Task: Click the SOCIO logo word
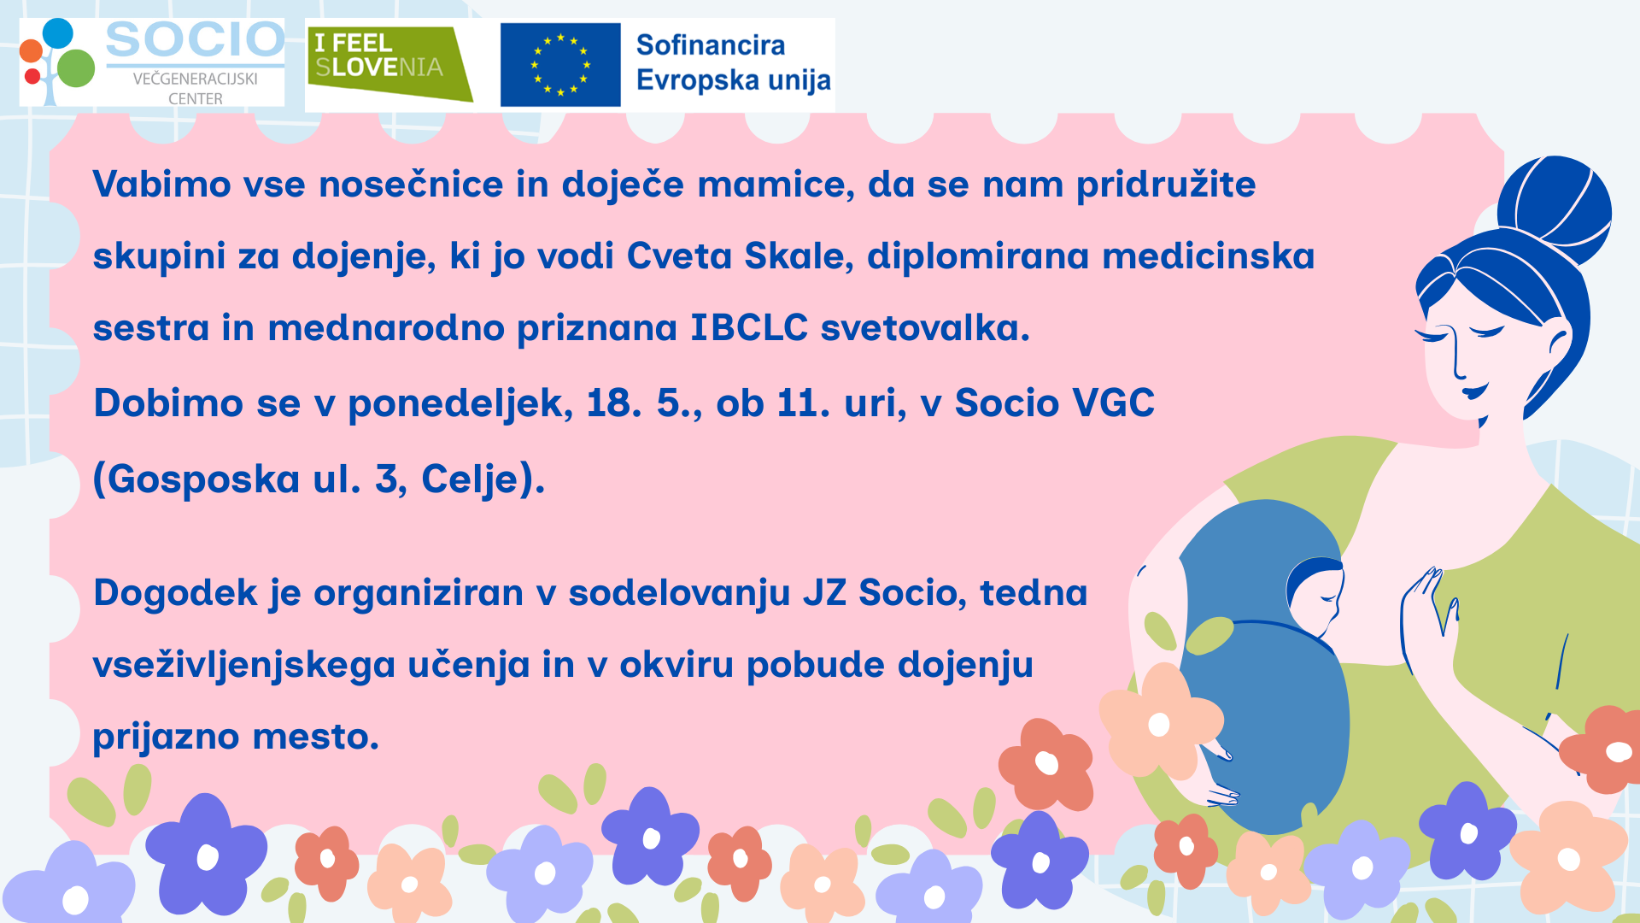[195, 40]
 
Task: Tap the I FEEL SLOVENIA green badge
[389, 65]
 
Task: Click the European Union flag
[560, 65]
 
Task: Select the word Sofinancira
[711, 45]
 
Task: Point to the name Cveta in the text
[679, 256]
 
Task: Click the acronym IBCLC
[749, 327]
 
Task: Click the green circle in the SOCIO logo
[79, 68]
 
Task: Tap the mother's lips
[1474, 392]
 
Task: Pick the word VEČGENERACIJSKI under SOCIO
[196, 79]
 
